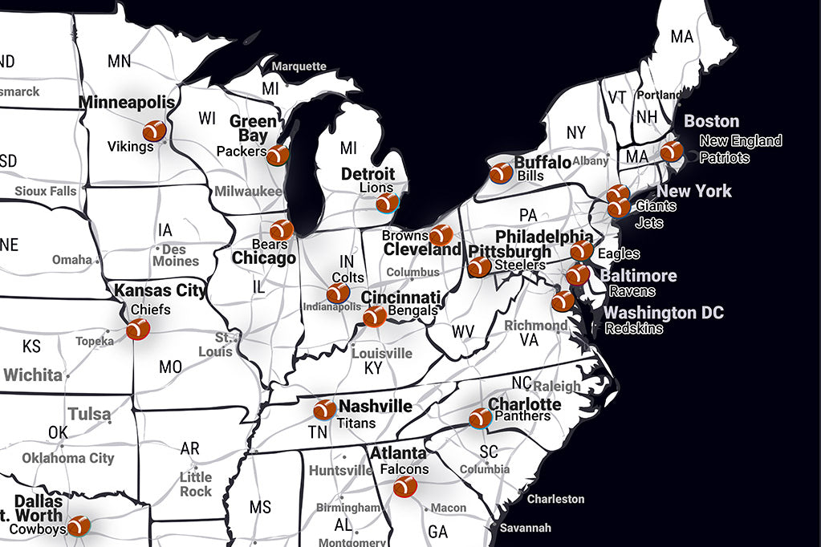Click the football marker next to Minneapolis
(153, 131)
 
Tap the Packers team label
(241, 151)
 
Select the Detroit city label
(368, 174)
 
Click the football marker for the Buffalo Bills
(501, 173)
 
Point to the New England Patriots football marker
(672, 151)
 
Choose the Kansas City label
(160, 290)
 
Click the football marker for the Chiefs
(138, 329)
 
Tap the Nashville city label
(375, 407)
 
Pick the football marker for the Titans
(324, 410)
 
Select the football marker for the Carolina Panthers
(480, 418)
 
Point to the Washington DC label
(664, 313)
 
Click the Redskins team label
(634, 328)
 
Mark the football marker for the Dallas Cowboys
(79, 526)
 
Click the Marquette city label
(299, 67)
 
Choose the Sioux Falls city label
(46, 191)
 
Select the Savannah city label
(525, 528)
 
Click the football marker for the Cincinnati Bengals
(374, 317)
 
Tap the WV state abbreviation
(463, 330)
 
